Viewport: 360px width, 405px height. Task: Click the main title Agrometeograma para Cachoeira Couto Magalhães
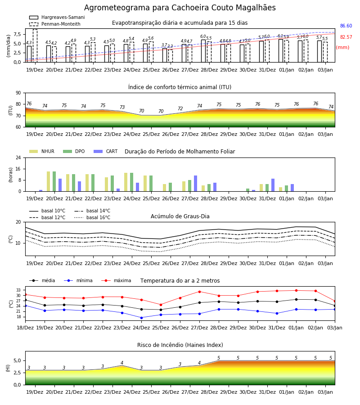pyautogui.click(x=180, y=8)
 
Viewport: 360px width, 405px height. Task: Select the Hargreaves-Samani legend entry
pyautogui.click(x=57, y=17)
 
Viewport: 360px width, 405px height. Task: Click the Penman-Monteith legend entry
pyautogui.click(x=55, y=24)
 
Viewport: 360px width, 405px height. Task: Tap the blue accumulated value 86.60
pyautogui.click(x=346, y=26)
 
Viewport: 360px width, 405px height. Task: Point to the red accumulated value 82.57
pyautogui.click(x=346, y=37)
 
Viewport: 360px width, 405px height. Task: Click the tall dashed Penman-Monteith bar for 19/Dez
pyautogui.click(x=35, y=46)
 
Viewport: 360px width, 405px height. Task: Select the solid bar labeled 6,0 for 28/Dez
pyautogui.click(x=203, y=51)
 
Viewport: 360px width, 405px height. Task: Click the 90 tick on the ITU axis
pyautogui.click(x=18, y=93)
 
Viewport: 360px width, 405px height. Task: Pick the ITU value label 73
pyautogui.click(x=122, y=107)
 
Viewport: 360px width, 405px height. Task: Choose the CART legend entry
pyautogui.click(x=105, y=151)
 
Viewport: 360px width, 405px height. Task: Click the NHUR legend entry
pyautogui.click(x=42, y=151)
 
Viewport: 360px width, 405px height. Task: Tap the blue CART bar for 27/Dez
pyautogui.click(x=195, y=184)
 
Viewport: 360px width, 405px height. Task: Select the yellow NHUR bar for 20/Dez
pyautogui.click(x=48, y=181)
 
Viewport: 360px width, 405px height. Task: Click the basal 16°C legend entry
pyautogui.click(x=92, y=217)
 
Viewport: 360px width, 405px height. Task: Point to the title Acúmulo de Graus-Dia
pyautogui.click(x=180, y=216)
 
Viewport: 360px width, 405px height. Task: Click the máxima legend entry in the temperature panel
pyautogui.click(x=116, y=280)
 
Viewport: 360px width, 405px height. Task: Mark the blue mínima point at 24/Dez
pyautogui.click(x=141, y=318)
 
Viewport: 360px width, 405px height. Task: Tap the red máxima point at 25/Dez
pyautogui.click(x=161, y=305)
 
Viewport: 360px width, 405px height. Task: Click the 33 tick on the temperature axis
pyautogui.click(x=18, y=290)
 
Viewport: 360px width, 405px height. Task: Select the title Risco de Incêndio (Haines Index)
pyautogui.click(x=180, y=345)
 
